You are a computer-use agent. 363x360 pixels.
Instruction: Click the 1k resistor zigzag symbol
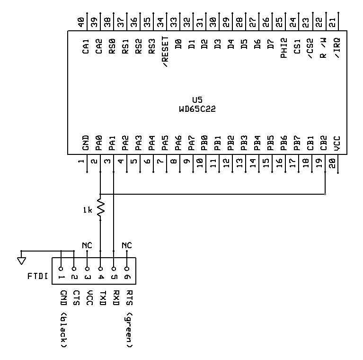(101, 208)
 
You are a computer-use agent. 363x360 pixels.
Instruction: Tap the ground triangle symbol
(21, 261)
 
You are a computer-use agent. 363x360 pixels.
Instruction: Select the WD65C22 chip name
(197, 109)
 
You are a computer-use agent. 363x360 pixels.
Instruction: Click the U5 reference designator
(197, 100)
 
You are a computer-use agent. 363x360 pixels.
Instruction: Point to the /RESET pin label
(165, 52)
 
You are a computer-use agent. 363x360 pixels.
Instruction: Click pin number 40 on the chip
(81, 22)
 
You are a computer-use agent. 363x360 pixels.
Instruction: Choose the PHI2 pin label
(284, 48)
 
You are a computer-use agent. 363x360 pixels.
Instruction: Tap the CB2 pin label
(323, 143)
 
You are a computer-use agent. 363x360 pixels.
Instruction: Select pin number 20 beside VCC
(332, 163)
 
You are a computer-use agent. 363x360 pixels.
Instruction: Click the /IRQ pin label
(337, 48)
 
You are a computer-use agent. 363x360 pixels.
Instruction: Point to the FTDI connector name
(37, 276)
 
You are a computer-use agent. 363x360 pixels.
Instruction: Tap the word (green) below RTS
(129, 330)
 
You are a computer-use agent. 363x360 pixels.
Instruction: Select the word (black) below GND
(63, 330)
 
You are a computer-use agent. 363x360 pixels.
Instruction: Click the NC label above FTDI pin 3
(87, 245)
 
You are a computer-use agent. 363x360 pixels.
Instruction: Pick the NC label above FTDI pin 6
(127, 245)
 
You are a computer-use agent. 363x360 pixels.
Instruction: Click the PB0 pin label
(204, 143)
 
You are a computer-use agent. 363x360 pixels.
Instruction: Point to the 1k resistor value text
(88, 210)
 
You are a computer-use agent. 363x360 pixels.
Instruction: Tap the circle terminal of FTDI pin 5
(114, 269)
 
